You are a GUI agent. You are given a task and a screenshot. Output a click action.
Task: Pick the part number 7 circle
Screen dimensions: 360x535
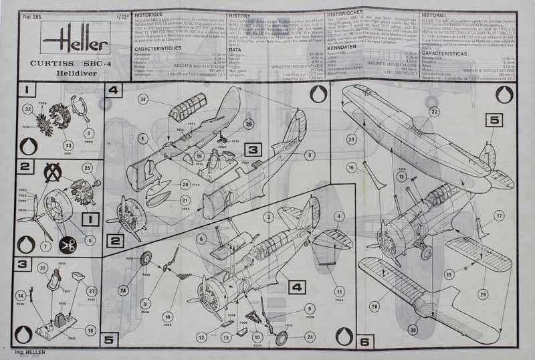point(45,246)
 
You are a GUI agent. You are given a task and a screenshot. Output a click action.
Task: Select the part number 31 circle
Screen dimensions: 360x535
point(42,268)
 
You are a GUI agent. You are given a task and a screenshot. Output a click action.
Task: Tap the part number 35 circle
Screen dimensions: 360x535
point(449,274)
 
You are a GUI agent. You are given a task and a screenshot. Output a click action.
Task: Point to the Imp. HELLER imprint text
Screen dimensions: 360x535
point(28,349)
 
